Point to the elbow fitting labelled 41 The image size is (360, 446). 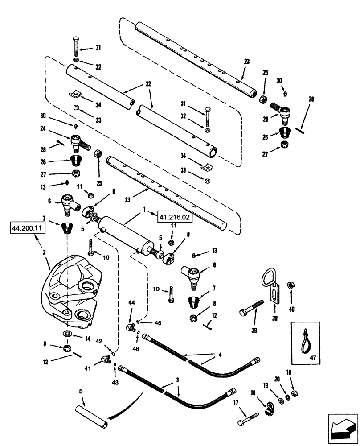[x=106, y=358]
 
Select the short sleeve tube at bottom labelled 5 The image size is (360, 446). [x=92, y=417]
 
